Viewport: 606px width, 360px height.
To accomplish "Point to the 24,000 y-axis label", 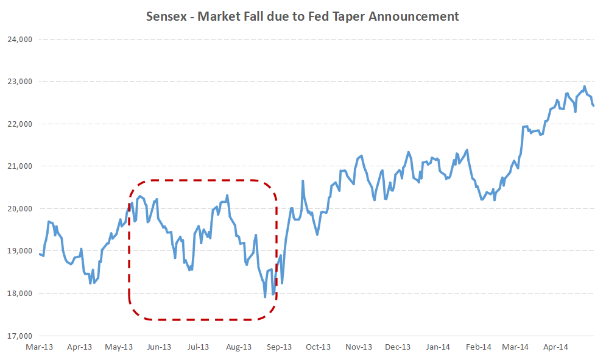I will (x=18, y=40).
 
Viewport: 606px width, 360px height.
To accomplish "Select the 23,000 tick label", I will (x=18, y=82).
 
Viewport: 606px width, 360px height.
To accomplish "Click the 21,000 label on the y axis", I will (x=18, y=166).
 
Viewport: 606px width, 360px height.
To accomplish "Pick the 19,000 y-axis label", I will (x=18, y=251).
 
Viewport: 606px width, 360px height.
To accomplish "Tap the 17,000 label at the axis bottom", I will (x=18, y=336).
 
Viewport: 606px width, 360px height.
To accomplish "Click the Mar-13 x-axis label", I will (x=40, y=347).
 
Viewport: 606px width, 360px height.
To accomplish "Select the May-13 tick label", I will (x=119, y=347).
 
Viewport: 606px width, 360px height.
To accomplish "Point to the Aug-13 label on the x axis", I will (x=239, y=347).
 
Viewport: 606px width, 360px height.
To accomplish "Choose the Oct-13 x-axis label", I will (x=318, y=347).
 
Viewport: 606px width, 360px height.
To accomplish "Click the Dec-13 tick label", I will (x=398, y=347).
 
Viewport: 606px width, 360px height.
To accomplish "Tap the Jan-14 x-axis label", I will (x=438, y=347).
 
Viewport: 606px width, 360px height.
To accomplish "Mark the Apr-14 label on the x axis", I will (x=555, y=347).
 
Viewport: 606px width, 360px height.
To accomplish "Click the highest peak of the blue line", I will (x=585, y=86).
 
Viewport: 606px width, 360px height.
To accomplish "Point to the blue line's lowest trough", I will (x=265, y=297).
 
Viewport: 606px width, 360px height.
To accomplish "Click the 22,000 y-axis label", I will (x=18, y=124).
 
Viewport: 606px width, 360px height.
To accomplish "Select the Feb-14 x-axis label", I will (x=479, y=347).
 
